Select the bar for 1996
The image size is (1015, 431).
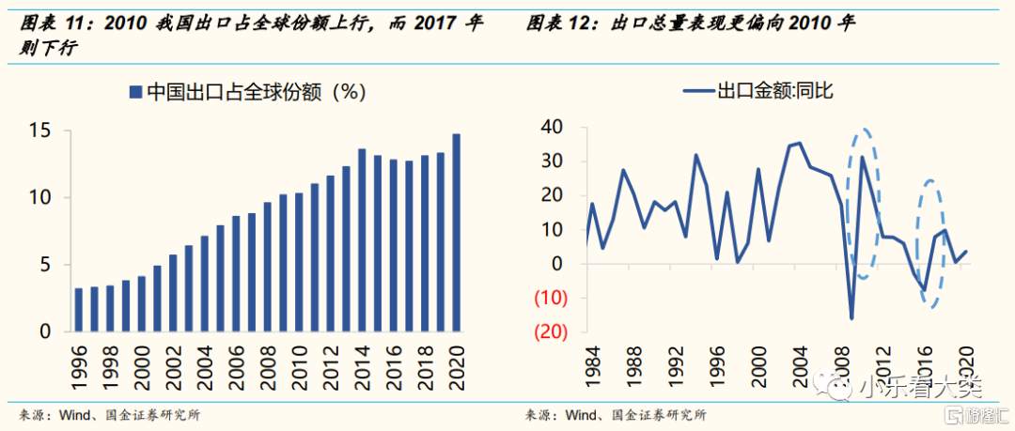point(79,310)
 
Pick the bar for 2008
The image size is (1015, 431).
point(268,267)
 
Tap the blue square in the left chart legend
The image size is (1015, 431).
point(135,92)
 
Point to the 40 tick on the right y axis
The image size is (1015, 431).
point(553,127)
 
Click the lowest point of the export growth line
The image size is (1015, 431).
point(851,318)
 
